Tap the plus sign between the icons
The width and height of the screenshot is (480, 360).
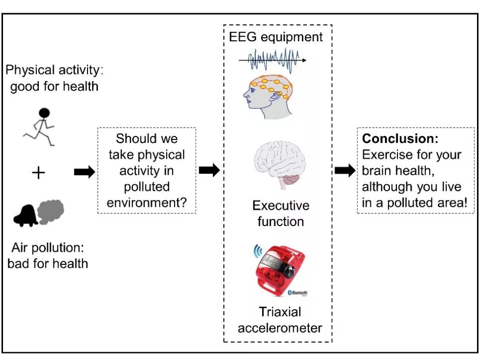[38, 173]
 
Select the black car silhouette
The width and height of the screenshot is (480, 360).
[25, 215]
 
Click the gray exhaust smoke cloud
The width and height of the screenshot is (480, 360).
[51, 211]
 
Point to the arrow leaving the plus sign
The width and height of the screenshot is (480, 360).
[85, 172]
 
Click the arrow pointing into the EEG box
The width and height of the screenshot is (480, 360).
[209, 170]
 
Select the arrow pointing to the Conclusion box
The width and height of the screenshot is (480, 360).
[345, 170]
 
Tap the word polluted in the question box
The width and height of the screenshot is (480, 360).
[146, 187]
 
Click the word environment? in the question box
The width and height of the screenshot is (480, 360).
[146, 202]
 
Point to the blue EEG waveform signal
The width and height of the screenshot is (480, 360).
[272, 60]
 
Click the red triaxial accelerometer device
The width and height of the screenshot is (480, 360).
[279, 269]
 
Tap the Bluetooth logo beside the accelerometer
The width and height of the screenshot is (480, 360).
[297, 293]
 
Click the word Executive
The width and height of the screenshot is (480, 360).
[281, 205]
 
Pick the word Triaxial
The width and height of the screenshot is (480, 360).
[280, 312]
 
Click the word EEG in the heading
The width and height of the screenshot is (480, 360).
[243, 37]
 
